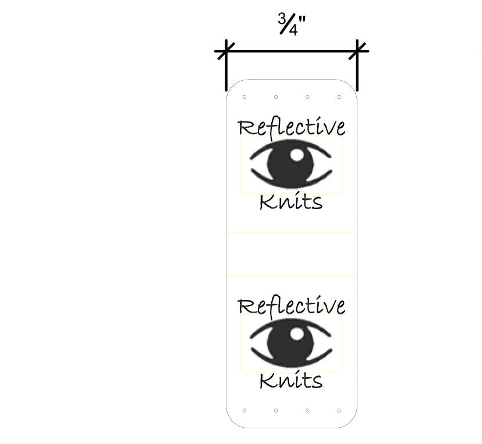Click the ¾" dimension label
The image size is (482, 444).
click(292, 25)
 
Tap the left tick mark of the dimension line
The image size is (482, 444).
click(226, 51)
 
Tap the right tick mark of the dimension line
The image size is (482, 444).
click(357, 51)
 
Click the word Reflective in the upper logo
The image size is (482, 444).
click(292, 127)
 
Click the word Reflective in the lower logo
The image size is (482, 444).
click(292, 306)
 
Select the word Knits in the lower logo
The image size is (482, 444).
click(291, 381)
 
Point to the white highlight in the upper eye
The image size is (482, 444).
click(297, 155)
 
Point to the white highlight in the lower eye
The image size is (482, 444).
click(297, 334)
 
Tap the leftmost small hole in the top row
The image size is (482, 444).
click(244, 97)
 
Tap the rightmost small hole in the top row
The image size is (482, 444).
click(339, 97)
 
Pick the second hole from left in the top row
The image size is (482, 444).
click(276, 97)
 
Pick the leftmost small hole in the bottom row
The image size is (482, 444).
click(244, 410)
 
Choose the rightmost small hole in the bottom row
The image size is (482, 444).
click(339, 410)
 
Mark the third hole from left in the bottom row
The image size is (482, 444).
click(307, 410)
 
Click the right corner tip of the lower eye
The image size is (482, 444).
click(331, 349)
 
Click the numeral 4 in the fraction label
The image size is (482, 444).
click(293, 31)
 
